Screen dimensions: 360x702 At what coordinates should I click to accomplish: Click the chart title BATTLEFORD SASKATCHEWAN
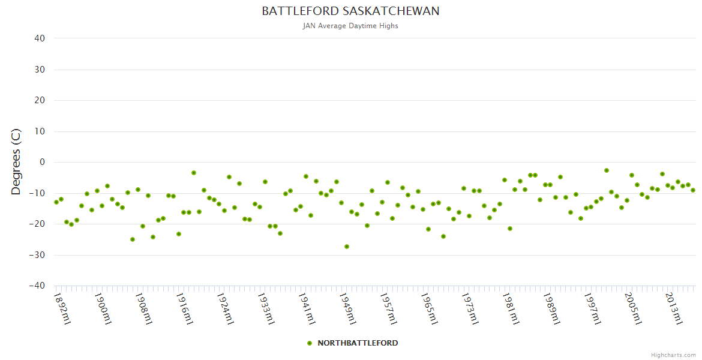[x=350, y=11]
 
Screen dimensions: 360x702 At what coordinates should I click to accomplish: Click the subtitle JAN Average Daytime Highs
[x=350, y=26]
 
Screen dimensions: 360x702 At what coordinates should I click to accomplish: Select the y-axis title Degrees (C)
[x=16, y=161]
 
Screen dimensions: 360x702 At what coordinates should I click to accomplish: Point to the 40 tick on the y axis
[x=40, y=38]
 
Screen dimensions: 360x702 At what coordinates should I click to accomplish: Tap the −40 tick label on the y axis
[x=37, y=286]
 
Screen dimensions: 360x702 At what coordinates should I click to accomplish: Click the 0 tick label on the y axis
[x=42, y=162]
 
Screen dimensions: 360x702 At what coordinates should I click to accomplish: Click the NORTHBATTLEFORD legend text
[x=358, y=343]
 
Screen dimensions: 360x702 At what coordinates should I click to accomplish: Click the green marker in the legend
[x=310, y=343]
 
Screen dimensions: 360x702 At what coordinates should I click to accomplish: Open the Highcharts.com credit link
[x=673, y=355]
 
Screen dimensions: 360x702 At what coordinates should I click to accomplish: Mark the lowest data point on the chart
[x=347, y=247]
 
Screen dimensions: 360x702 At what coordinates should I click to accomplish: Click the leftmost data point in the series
[x=56, y=202]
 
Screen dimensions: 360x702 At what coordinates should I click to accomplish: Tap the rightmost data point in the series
[x=693, y=190]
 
